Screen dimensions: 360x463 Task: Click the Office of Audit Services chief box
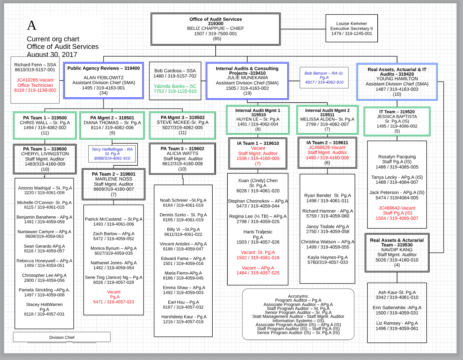(216, 29)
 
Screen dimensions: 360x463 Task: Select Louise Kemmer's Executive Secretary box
(352, 28)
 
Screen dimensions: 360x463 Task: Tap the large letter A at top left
(32, 25)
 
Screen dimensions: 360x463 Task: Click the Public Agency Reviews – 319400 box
(104, 81)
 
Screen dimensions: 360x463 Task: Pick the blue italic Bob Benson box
(324, 78)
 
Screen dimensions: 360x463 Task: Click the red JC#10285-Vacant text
(35, 80)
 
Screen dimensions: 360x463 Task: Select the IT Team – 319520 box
(397, 121)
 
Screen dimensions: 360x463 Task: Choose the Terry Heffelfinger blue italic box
(112, 154)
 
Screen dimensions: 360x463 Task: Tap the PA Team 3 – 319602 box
(183, 158)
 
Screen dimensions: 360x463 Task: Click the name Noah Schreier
(174, 200)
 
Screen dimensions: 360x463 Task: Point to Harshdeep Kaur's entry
(184, 317)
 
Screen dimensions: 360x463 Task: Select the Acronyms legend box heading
(298, 296)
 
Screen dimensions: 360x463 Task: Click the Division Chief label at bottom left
(62, 337)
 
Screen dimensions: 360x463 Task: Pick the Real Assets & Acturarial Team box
(397, 252)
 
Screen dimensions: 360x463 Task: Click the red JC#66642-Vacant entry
(397, 208)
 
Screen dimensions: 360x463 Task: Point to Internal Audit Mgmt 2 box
(327, 119)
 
